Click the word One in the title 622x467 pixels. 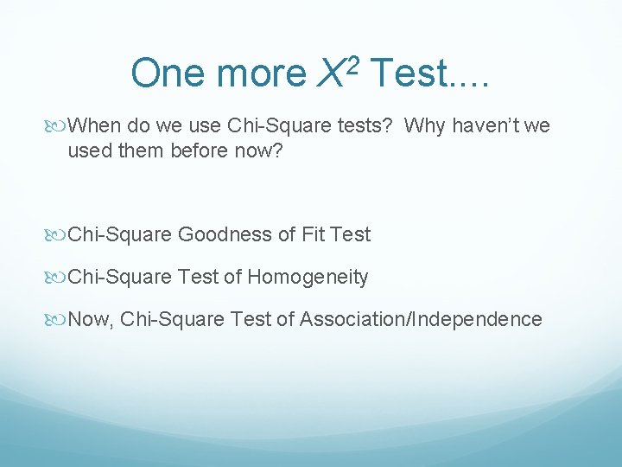coord(168,74)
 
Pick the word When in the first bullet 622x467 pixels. coord(95,126)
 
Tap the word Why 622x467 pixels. coord(423,126)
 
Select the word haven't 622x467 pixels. coord(485,126)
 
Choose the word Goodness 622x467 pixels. coord(219,234)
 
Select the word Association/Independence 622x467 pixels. coord(421,320)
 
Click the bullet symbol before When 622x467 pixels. coord(56,127)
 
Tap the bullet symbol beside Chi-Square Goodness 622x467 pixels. coord(56,235)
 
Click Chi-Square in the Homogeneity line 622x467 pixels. coord(120,278)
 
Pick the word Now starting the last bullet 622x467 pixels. coord(90,320)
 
